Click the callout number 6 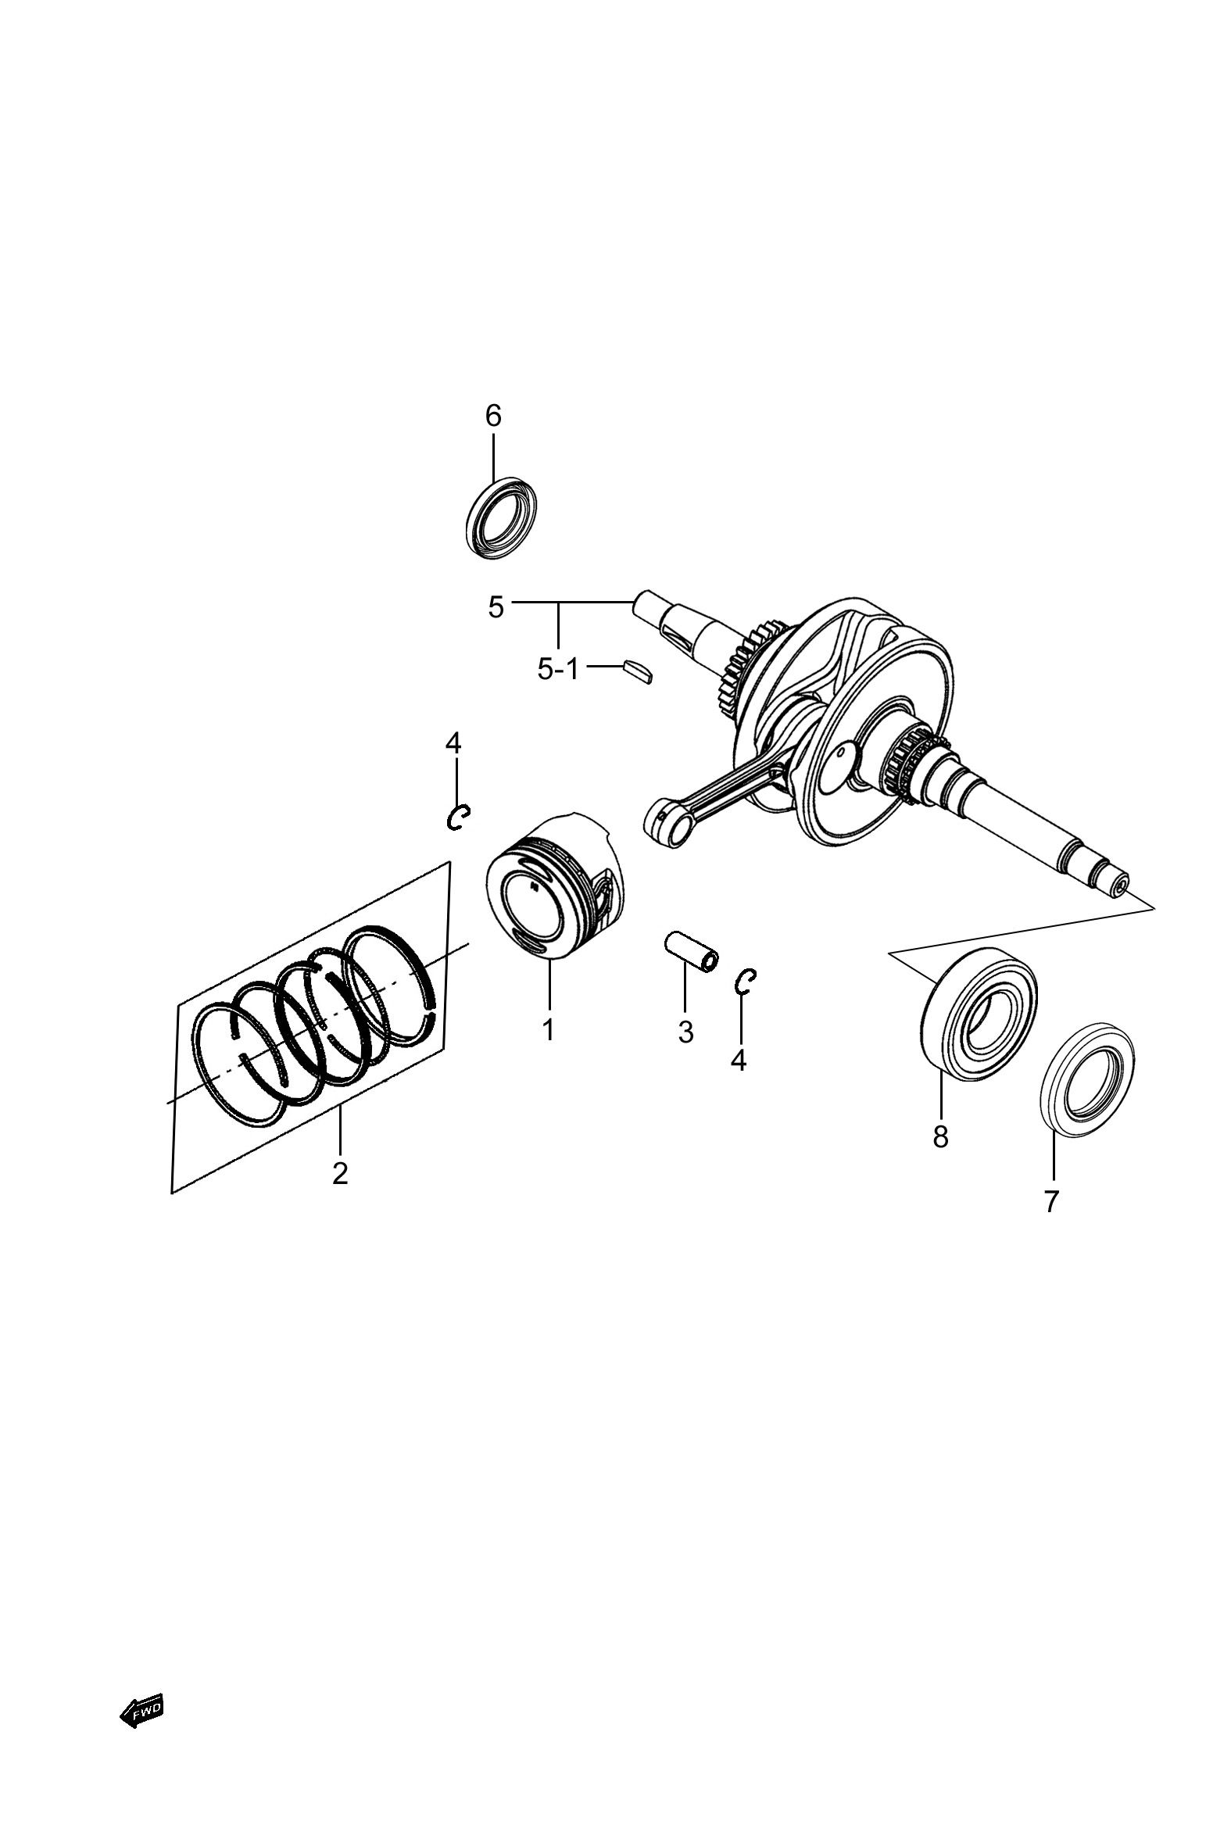492,416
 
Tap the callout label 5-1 557,670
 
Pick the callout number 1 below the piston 549,1029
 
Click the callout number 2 340,1194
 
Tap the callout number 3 686,1032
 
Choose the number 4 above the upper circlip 453,742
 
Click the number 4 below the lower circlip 739,1061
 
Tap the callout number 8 940,1136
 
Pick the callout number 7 1052,1201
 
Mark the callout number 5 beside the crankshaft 496,607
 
